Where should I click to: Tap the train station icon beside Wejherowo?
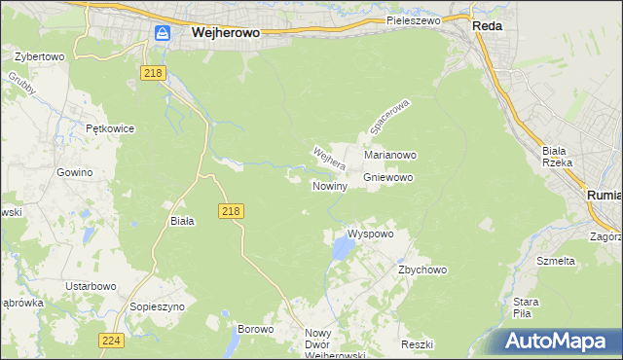pos(163,33)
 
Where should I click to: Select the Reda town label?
pos(487,26)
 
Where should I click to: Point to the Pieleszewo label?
pos(413,19)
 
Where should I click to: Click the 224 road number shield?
pos(111,340)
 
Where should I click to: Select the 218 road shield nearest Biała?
pos(231,210)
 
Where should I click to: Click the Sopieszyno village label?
pos(157,306)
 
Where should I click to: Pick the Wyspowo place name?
pos(370,234)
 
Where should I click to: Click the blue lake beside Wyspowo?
pos(341,251)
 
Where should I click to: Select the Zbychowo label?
pos(421,270)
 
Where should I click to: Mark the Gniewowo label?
pos(388,178)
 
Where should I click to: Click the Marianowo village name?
pos(390,155)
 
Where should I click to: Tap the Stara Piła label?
pos(527,306)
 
